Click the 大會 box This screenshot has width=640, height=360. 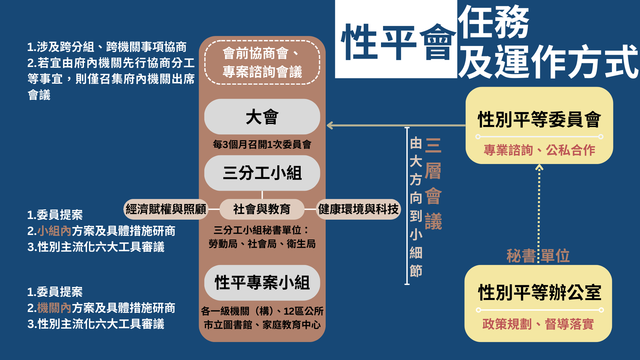pos(262,117)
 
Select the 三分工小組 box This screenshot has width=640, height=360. pos(262,173)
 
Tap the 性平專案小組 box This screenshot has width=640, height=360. pos(262,283)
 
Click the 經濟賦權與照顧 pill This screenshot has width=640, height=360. pos(166,209)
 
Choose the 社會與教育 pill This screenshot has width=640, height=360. pos(262,209)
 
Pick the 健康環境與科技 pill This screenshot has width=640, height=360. pos(358,209)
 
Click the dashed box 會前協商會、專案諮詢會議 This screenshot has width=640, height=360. pos(262,62)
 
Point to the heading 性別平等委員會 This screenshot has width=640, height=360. pos(539,119)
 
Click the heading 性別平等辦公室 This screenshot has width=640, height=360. pos(539,293)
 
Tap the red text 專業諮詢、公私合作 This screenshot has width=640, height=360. pos(539,150)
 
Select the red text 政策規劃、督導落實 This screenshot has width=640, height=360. pos(538,324)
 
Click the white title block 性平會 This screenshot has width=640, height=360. pos(396,39)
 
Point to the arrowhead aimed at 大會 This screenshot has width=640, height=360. pos(330,125)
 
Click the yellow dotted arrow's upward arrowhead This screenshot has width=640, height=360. pos(539,167)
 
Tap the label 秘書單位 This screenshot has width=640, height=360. pos(538,256)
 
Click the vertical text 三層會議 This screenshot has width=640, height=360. pos(433,184)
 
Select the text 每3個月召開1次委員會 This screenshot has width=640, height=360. pos(262,144)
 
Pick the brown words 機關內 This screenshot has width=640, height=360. pos(54,308)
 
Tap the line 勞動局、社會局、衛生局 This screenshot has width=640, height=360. pos(262,244)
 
